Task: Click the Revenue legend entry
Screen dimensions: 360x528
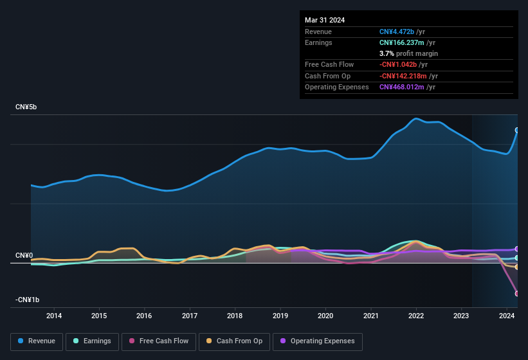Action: click(x=37, y=341)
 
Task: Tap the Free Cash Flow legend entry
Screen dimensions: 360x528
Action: click(x=159, y=341)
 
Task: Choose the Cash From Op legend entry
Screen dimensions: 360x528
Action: click(x=235, y=341)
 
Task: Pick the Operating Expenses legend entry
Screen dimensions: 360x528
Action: click(x=318, y=341)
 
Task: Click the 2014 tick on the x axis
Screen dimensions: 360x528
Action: click(x=54, y=316)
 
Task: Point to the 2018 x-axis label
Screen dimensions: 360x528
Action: click(x=235, y=316)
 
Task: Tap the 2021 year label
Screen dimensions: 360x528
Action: click(x=370, y=316)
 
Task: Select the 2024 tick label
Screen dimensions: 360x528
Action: click(x=507, y=316)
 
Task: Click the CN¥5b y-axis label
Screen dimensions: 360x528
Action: click(x=26, y=107)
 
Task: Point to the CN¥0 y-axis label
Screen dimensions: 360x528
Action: click(x=24, y=255)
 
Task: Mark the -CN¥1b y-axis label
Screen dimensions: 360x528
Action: click(x=28, y=300)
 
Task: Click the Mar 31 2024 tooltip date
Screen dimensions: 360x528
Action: click(x=325, y=20)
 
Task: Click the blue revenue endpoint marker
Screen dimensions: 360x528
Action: click(x=517, y=130)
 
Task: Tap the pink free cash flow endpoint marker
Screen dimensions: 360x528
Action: click(x=517, y=293)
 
